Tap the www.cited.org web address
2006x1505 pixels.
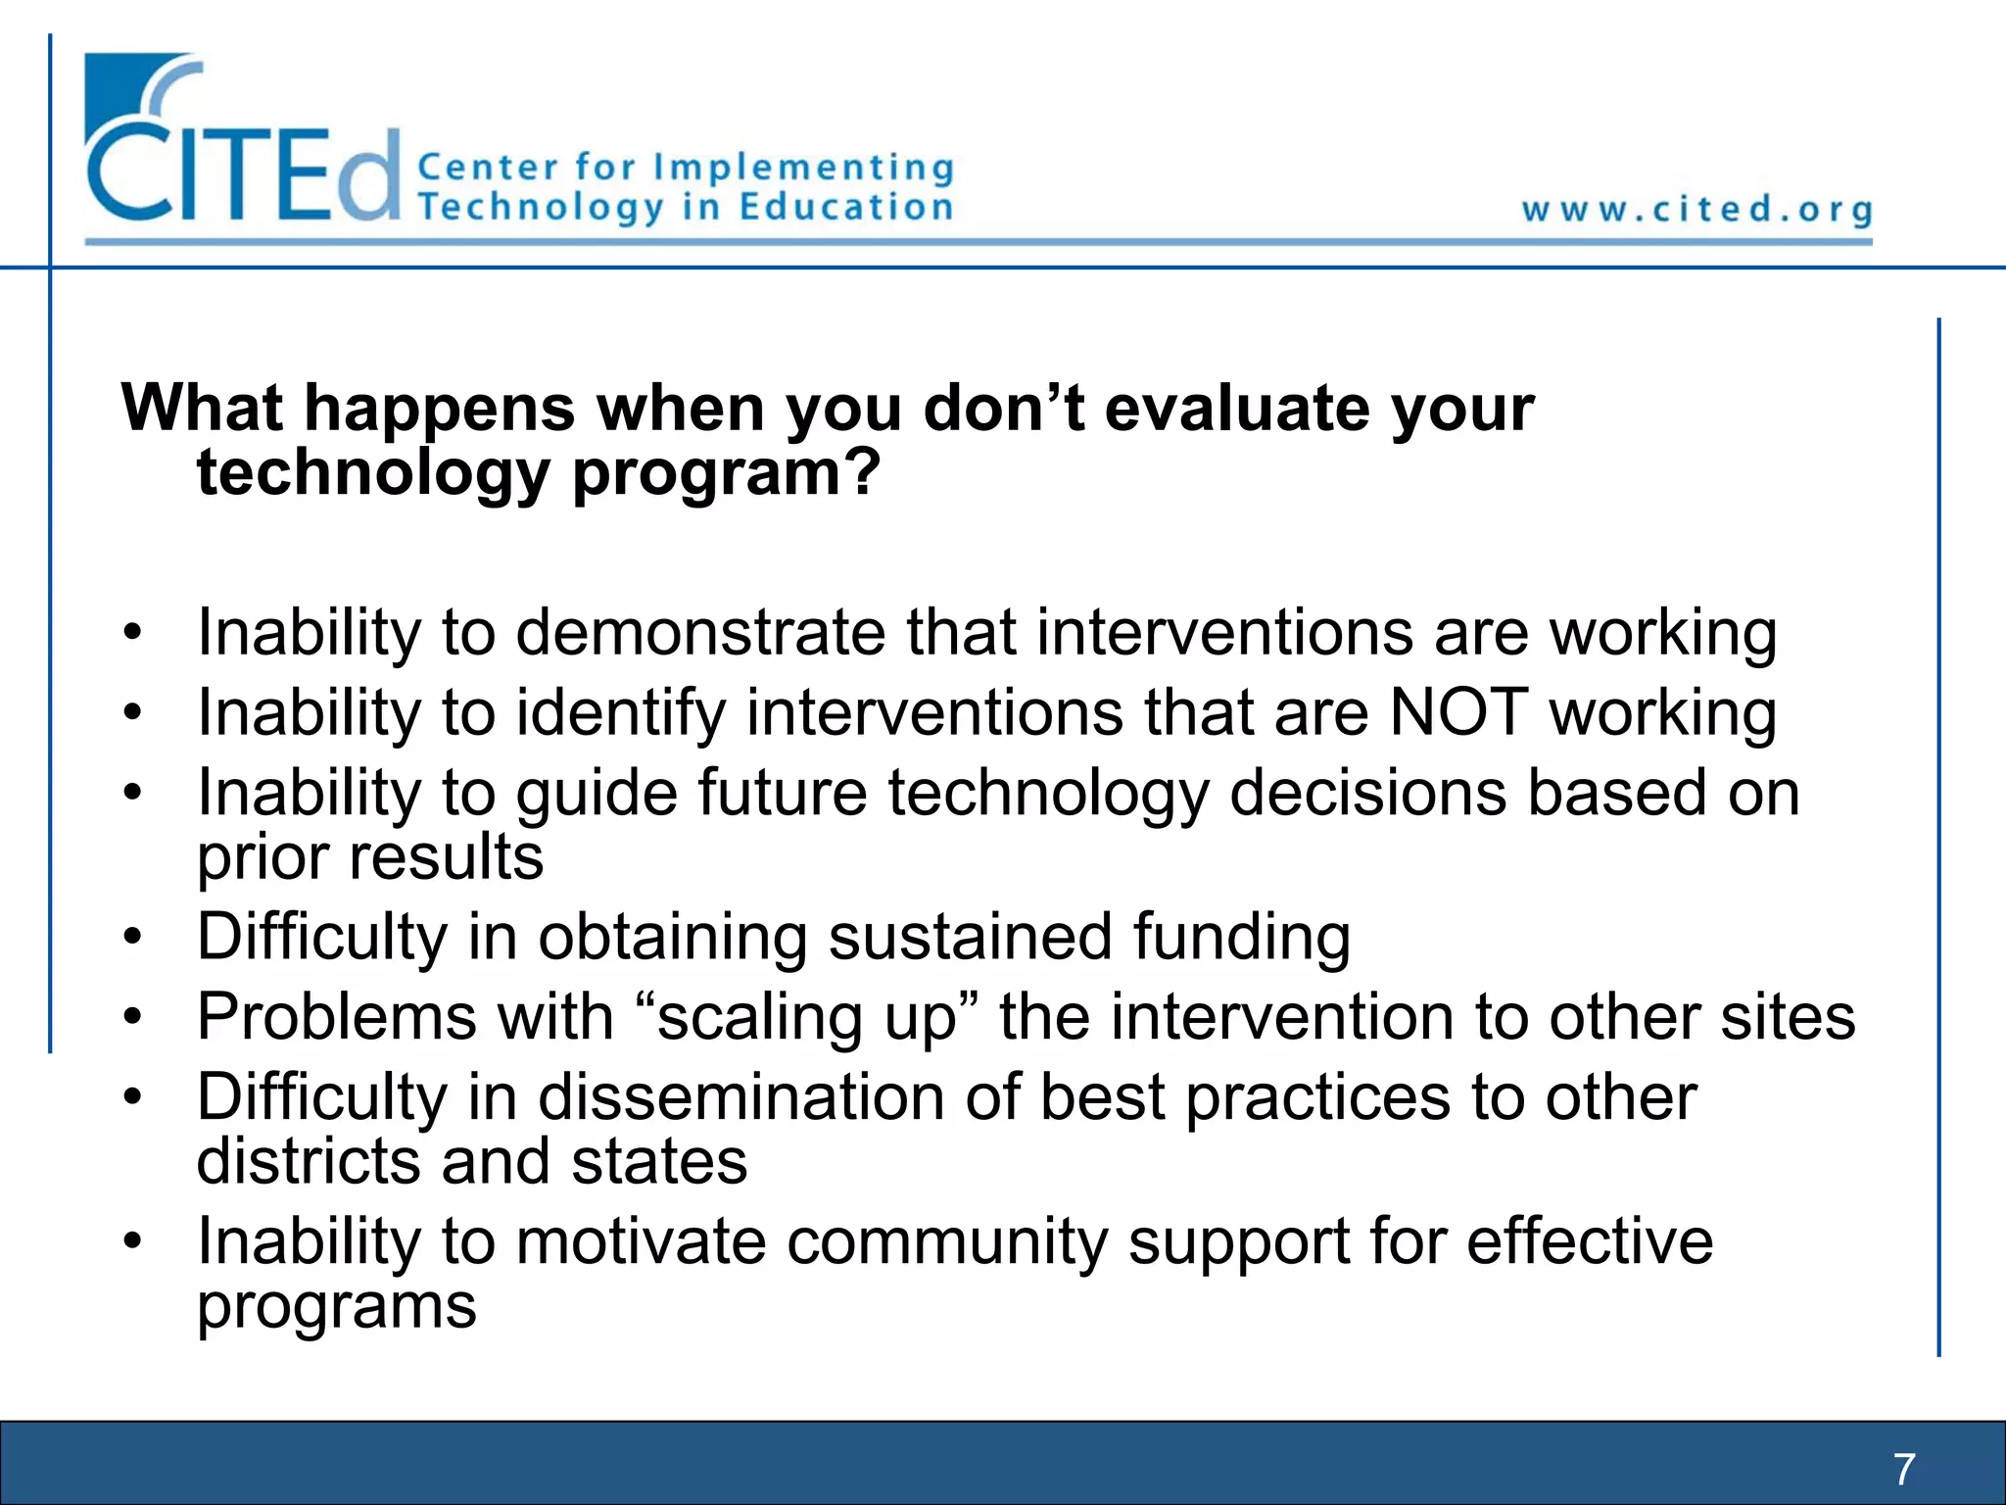(x=1696, y=210)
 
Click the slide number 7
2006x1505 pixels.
(x=1903, y=1469)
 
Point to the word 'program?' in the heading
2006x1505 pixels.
(x=726, y=474)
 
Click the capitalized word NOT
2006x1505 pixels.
(x=1458, y=712)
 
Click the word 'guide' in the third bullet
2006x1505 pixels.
(x=596, y=794)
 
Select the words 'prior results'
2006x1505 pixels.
(x=369, y=857)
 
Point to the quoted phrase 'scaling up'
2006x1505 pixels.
(x=805, y=1017)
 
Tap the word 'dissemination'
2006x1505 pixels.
(x=740, y=1096)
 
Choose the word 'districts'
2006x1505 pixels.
(x=308, y=1161)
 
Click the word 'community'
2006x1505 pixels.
(x=946, y=1241)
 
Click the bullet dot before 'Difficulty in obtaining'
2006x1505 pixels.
(x=133, y=937)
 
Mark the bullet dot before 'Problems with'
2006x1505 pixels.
(x=133, y=1017)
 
